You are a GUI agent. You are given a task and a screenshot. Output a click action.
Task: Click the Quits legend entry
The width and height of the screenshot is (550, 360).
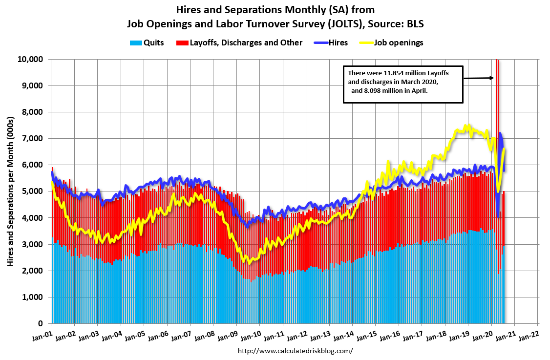pyautogui.click(x=147, y=42)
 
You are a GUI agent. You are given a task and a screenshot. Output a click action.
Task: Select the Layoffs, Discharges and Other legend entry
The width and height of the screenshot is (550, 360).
pyautogui.click(x=241, y=42)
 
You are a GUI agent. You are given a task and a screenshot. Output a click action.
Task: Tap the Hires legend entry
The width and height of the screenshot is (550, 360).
pyautogui.click(x=332, y=42)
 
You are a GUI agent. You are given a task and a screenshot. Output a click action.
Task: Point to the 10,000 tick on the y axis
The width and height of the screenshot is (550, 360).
pyautogui.click(x=32, y=60)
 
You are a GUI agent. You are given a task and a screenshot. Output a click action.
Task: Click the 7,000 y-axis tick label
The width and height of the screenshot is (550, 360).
pyautogui.click(x=34, y=139)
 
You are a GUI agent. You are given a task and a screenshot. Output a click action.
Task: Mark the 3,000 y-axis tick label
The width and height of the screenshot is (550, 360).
pyautogui.click(x=34, y=244)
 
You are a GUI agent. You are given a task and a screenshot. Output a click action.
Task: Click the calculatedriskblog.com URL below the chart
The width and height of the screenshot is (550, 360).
pyautogui.click(x=295, y=351)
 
